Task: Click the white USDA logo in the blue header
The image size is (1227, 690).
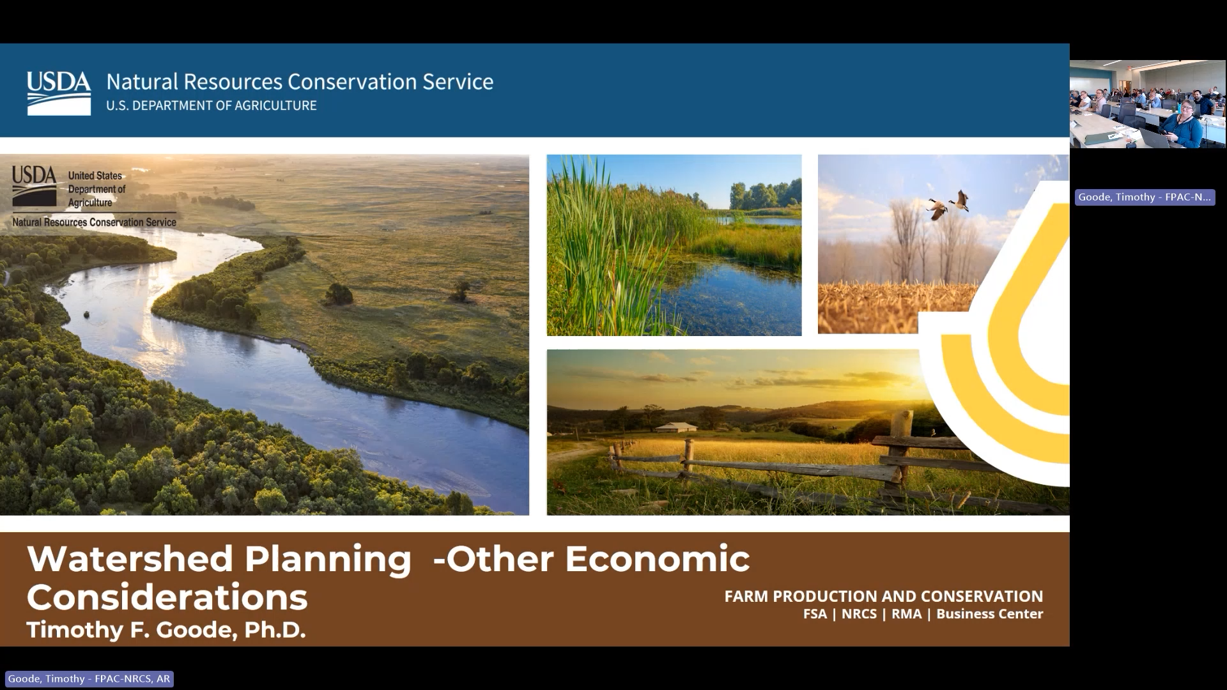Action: (59, 93)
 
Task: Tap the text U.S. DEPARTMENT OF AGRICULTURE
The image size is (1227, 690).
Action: (211, 105)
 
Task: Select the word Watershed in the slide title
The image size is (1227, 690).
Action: (130, 558)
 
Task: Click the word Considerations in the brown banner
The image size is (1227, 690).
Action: (167, 597)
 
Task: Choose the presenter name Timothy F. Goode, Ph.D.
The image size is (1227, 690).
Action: (166, 630)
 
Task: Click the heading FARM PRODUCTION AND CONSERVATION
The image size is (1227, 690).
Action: (883, 596)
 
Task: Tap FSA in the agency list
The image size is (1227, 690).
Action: (815, 614)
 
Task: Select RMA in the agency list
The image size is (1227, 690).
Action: (906, 614)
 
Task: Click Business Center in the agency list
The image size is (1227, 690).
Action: (989, 614)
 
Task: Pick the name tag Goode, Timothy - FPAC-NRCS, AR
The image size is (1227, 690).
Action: (89, 678)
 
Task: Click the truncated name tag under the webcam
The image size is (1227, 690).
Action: (1145, 197)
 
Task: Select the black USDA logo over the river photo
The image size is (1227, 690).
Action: (35, 186)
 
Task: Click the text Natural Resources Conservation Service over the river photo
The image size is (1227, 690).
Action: (94, 222)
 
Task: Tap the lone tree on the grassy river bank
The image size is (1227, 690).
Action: (338, 295)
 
